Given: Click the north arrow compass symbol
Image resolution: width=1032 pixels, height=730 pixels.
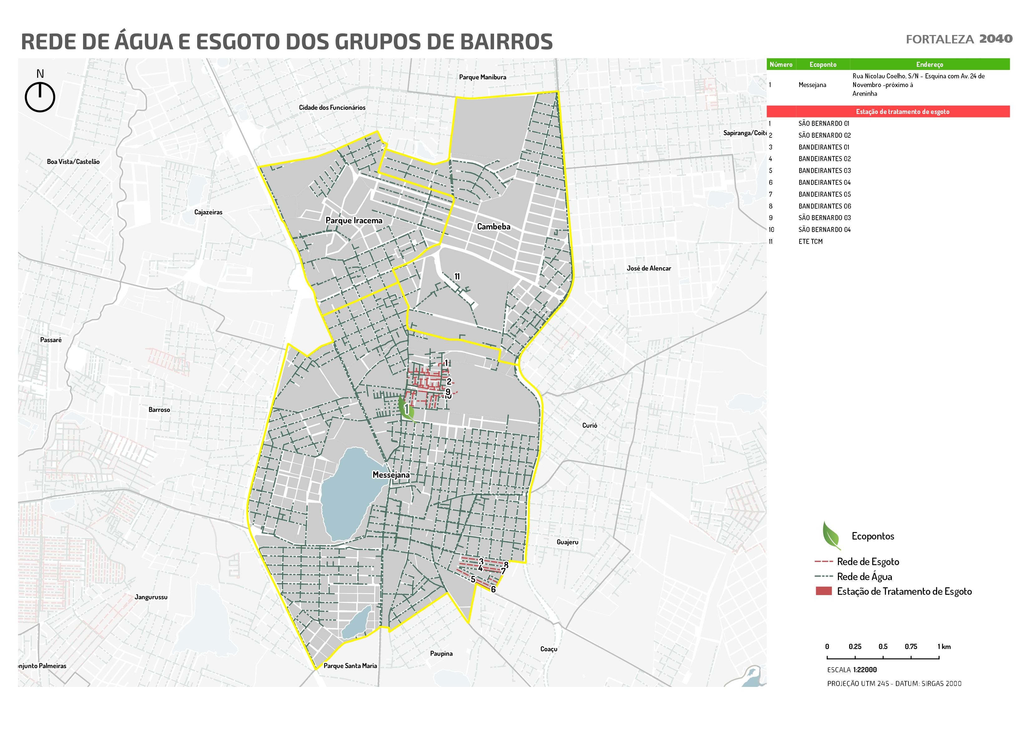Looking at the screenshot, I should (x=40, y=96).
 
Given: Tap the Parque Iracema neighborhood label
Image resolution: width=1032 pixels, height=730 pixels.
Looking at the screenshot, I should (x=354, y=220).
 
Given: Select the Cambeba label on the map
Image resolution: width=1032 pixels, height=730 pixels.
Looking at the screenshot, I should (x=493, y=227).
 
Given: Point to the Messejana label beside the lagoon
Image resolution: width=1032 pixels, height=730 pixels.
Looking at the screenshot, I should (x=391, y=475).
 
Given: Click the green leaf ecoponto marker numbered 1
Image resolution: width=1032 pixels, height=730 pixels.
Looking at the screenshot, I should (x=406, y=409).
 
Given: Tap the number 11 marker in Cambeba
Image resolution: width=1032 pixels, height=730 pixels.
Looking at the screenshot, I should (x=457, y=277).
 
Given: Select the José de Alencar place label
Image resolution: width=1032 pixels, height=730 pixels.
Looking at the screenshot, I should (x=648, y=269).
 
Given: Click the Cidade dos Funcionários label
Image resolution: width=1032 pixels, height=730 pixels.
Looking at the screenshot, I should (x=332, y=107).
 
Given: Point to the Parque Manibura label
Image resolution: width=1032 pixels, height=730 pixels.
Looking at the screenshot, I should (x=482, y=77).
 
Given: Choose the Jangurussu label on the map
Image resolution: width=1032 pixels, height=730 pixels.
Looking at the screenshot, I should (x=151, y=597).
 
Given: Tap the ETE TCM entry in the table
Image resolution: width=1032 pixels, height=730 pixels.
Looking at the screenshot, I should (x=810, y=242).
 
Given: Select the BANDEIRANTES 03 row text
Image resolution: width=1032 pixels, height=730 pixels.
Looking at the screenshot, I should (x=824, y=170).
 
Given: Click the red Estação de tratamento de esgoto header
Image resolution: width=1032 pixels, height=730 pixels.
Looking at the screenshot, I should (x=902, y=111).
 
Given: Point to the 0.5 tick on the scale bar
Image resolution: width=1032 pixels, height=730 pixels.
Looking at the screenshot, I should (x=883, y=647).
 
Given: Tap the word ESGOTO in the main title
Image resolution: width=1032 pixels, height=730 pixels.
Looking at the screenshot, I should (x=238, y=42).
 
